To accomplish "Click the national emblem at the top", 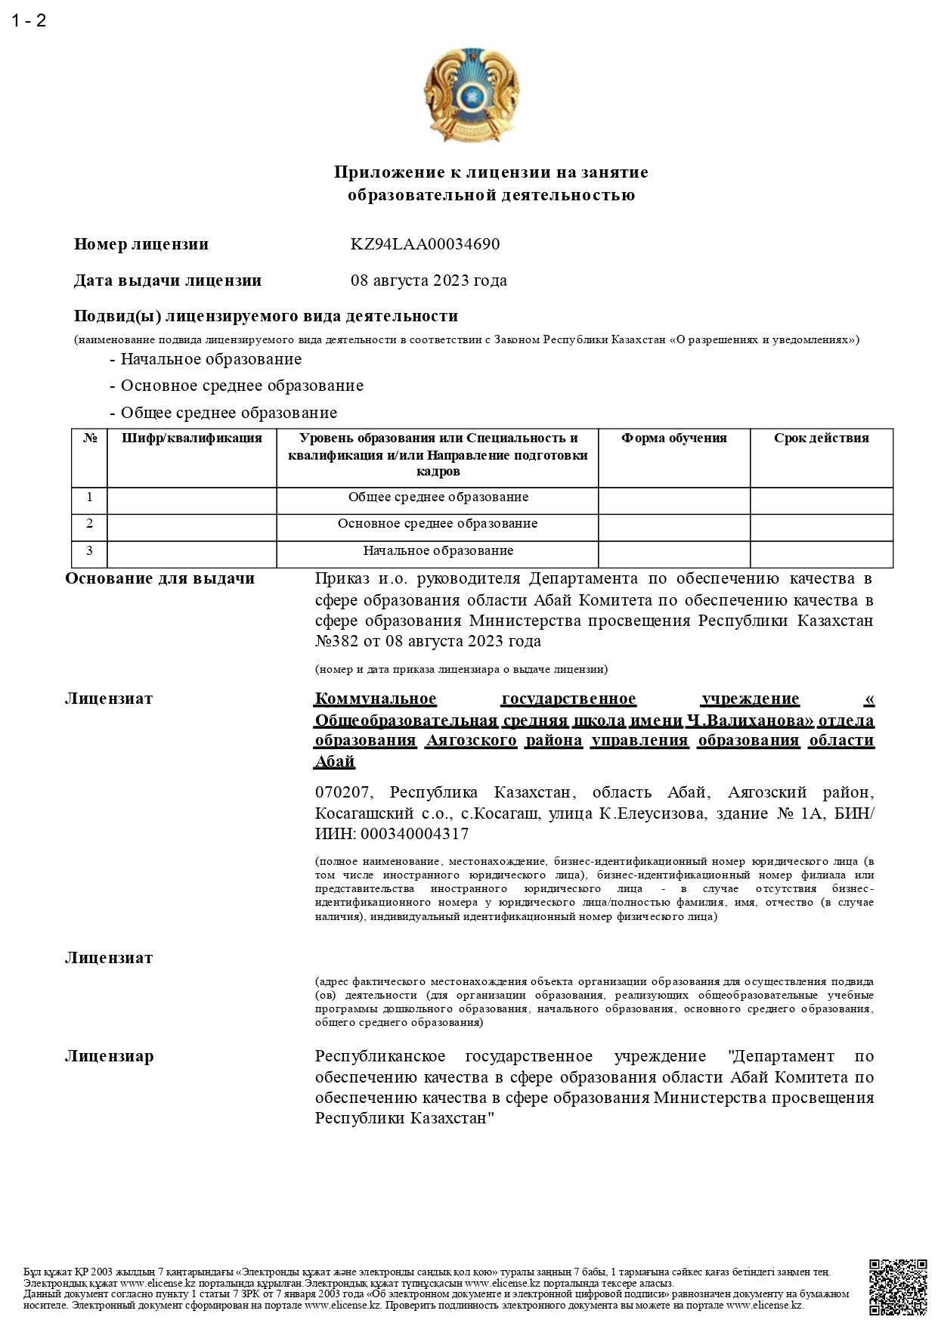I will [x=470, y=92].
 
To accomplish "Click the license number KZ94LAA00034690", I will [x=425, y=244].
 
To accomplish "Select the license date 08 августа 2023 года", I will [x=429, y=280].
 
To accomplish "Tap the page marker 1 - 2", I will [x=29, y=20].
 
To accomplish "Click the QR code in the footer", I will [x=898, y=1287].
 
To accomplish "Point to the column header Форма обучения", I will [x=673, y=438].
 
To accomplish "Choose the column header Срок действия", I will [x=821, y=438].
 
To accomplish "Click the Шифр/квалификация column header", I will [x=192, y=438].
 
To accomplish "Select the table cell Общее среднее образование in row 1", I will [x=438, y=497].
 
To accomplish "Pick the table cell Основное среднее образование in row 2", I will [x=438, y=524].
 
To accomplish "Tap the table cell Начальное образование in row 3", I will [x=438, y=551].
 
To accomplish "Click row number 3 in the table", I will [x=90, y=551].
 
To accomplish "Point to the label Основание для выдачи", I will [x=160, y=579].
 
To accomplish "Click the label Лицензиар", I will [x=109, y=1056].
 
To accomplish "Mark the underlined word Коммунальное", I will [x=376, y=699].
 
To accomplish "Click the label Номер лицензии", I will [x=141, y=244].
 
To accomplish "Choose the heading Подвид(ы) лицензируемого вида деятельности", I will [x=266, y=316].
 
